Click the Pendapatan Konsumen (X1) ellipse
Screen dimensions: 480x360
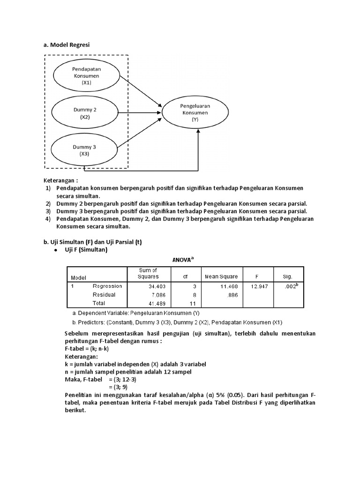tap(86, 75)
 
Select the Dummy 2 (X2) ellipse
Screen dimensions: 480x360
tap(85, 113)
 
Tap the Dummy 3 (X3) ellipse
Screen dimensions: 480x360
tap(84, 150)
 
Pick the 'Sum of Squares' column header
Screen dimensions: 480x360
tap(148, 273)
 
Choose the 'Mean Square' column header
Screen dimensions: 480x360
tap(221, 277)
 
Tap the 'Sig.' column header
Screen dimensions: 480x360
tap(288, 277)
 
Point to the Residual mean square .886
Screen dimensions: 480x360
tap(230, 295)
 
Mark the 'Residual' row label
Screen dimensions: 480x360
tap(104, 295)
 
